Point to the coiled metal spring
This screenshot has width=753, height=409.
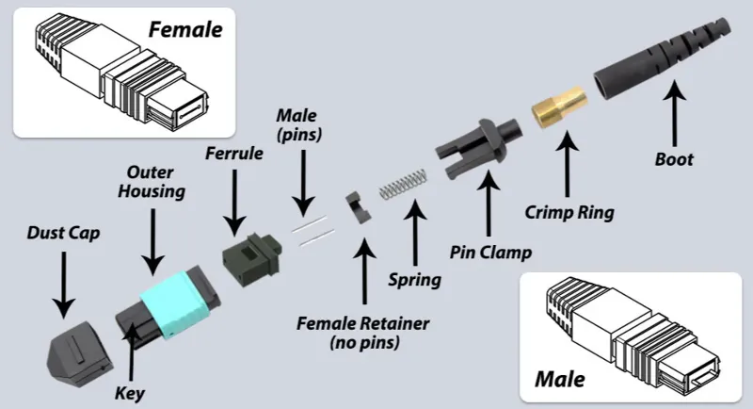click(403, 186)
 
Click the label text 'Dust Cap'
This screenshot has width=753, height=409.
click(62, 230)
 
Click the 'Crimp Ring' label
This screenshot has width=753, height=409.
click(569, 213)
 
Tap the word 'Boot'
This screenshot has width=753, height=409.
click(673, 159)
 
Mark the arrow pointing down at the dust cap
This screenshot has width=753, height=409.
click(63, 282)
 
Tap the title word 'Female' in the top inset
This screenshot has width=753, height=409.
click(185, 29)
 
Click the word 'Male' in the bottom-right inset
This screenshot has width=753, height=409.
click(559, 380)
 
